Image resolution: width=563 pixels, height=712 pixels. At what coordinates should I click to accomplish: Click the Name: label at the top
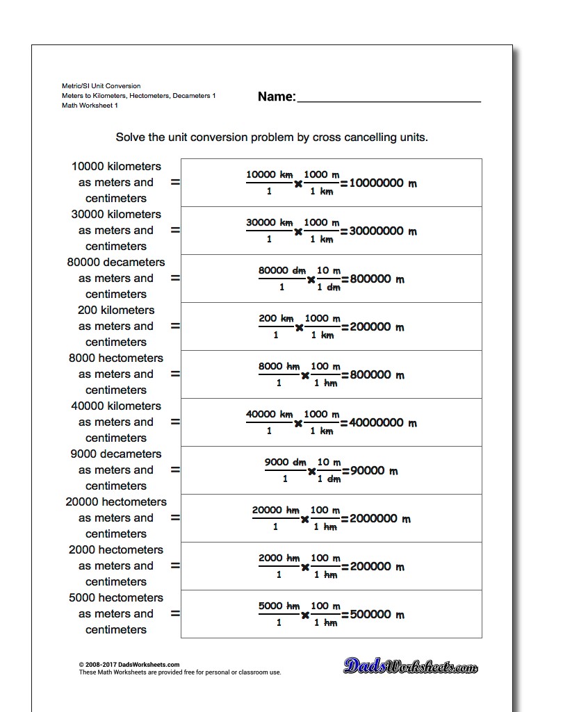[x=277, y=97]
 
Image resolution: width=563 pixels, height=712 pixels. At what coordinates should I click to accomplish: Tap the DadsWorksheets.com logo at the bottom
[x=410, y=667]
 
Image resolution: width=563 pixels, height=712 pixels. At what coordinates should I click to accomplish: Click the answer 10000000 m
[x=382, y=183]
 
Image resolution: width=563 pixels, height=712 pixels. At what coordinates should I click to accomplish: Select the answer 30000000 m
[x=382, y=231]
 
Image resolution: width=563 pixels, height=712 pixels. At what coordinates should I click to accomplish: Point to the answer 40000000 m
[x=382, y=423]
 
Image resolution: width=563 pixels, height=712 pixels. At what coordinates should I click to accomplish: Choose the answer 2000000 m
[x=380, y=519]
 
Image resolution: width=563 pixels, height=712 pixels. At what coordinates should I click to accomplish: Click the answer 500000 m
[x=377, y=615]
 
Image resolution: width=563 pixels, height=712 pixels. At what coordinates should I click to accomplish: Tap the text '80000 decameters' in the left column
[x=116, y=263]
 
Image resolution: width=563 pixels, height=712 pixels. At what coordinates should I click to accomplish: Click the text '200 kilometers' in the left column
[x=116, y=311]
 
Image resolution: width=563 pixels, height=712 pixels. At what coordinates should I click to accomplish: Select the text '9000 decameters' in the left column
[x=116, y=454]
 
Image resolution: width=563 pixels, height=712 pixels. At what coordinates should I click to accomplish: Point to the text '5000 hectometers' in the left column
[x=116, y=598]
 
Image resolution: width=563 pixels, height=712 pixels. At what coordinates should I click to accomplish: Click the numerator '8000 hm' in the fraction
[x=275, y=367]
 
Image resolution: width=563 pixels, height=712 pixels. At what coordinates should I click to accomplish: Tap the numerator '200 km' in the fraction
[x=276, y=319]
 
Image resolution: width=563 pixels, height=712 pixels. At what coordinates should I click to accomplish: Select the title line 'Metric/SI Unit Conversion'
[x=101, y=86]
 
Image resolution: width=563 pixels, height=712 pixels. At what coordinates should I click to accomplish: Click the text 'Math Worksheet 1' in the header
[x=90, y=106]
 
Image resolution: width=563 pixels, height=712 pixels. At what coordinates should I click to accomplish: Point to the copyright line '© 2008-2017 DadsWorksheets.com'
[x=129, y=665]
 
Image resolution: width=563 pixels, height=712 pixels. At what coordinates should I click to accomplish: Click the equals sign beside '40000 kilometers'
[x=175, y=422]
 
